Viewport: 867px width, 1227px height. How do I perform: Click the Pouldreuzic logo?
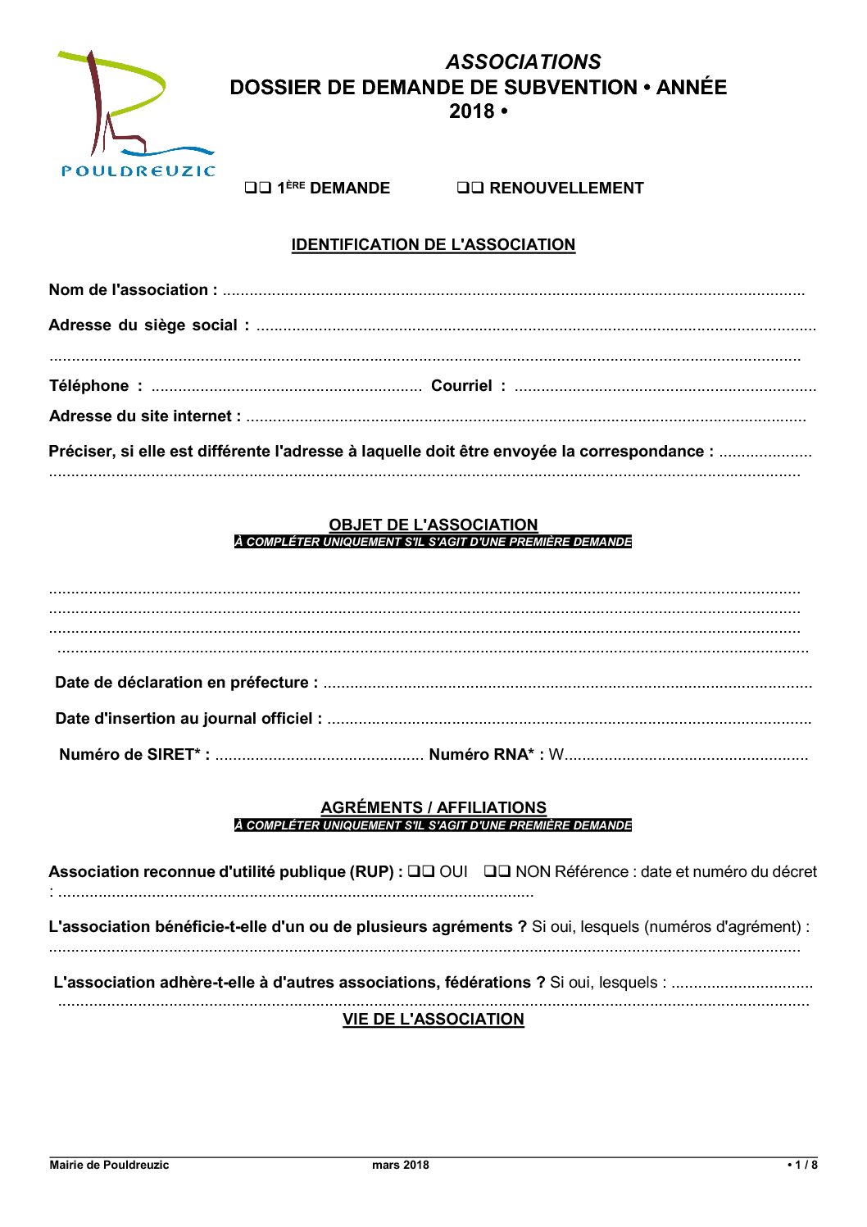pyautogui.click(x=136, y=113)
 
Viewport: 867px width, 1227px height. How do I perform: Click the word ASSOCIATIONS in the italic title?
pyautogui.click(x=523, y=62)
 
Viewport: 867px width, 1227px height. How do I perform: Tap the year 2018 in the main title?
pyautogui.click(x=471, y=111)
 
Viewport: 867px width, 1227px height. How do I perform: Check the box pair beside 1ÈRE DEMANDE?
pyautogui.click(x=258, y=189)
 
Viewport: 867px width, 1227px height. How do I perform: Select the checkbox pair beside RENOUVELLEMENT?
pyautogui.click(x=470, y=189)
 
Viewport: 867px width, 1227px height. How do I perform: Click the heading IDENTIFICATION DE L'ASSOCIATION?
pyautogui.click(x=433, y=245)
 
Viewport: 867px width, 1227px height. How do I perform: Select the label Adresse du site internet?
pyautogui.click(x=145, y=416)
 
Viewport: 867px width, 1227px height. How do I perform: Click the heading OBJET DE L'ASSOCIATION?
pyautogui.click(x=433, y=525)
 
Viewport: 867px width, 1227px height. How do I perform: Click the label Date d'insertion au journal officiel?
pyautogui.click(x=188, y=719)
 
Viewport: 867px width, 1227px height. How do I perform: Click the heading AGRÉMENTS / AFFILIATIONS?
pyautogui.click(x=433, y=807)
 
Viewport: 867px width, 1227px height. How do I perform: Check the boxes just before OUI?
pyautogui.click(x=421, y=872)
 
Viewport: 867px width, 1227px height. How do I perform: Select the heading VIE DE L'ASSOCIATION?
pyautogui.click(x=433, y=1020)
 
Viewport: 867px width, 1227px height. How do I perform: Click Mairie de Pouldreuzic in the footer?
pyautogui.click(x=109, y=1165)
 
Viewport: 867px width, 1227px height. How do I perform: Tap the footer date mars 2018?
pyautogui.click(x=400, y=1165)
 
